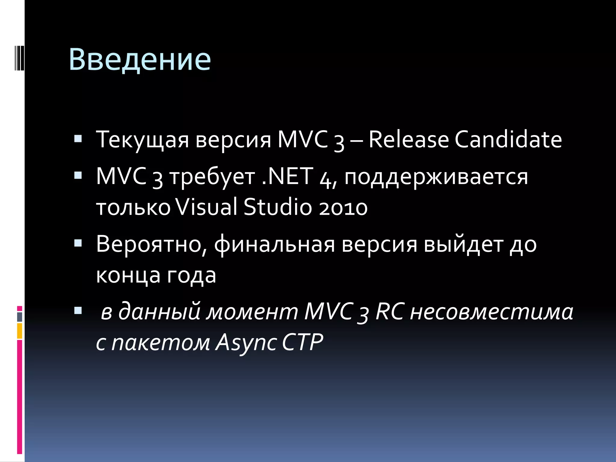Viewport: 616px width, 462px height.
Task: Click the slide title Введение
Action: point(140,60)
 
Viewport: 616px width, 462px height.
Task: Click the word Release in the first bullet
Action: point(408,140)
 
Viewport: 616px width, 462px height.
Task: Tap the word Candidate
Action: point(508,140)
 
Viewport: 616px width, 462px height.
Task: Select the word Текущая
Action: point(142,140)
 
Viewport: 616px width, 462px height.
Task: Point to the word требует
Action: point(212,177)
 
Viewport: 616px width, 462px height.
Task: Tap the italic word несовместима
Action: point(491,312)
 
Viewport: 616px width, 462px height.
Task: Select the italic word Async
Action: point(246,343)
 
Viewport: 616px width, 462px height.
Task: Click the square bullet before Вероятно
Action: point(78,243)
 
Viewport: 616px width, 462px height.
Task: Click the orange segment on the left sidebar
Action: point(20,331)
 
